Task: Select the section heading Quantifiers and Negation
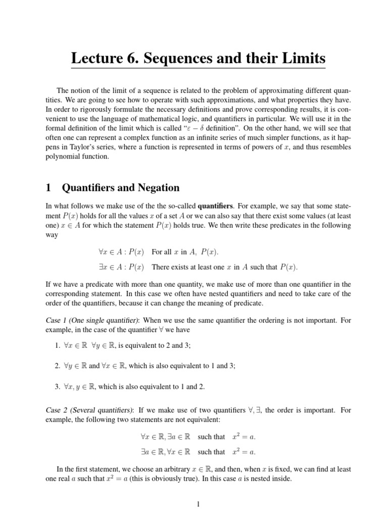121,188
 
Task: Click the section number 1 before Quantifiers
48,188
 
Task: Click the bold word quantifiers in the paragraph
215,205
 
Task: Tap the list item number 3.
58,387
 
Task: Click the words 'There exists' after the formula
170,267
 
